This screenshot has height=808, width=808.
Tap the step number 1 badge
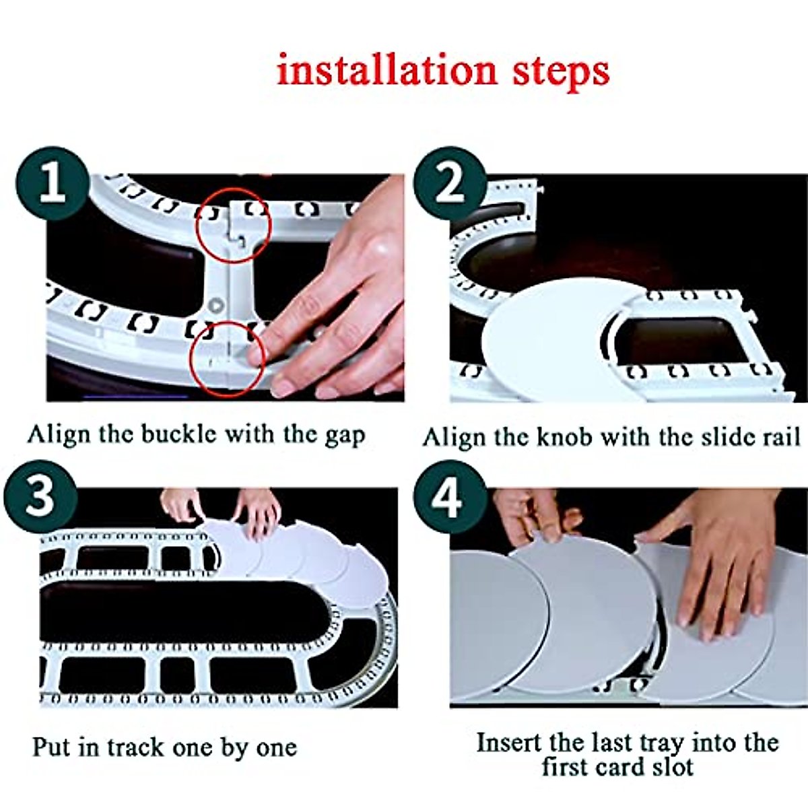point(53,183)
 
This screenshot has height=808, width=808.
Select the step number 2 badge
point(450,183)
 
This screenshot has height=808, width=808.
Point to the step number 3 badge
point(40,496)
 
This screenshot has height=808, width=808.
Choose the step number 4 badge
point(450,496)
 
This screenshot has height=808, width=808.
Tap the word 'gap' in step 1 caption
point(345,437)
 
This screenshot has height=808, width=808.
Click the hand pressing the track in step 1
point(335,294)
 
